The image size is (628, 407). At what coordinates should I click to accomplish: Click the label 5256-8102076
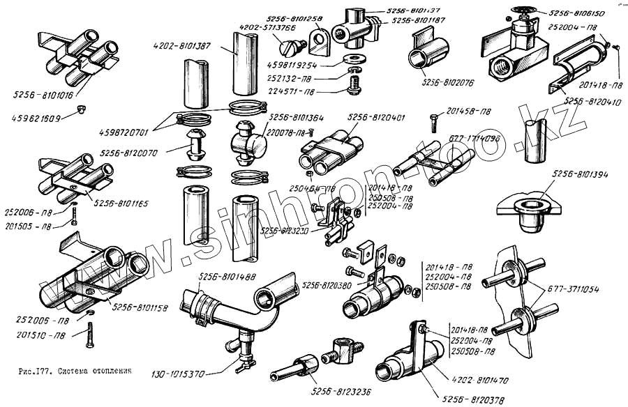click(x=447, y=82)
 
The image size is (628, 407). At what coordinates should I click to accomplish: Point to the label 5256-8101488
click(x=228, y=277)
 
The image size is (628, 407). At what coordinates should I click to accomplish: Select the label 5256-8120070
click(x=129, y=152)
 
